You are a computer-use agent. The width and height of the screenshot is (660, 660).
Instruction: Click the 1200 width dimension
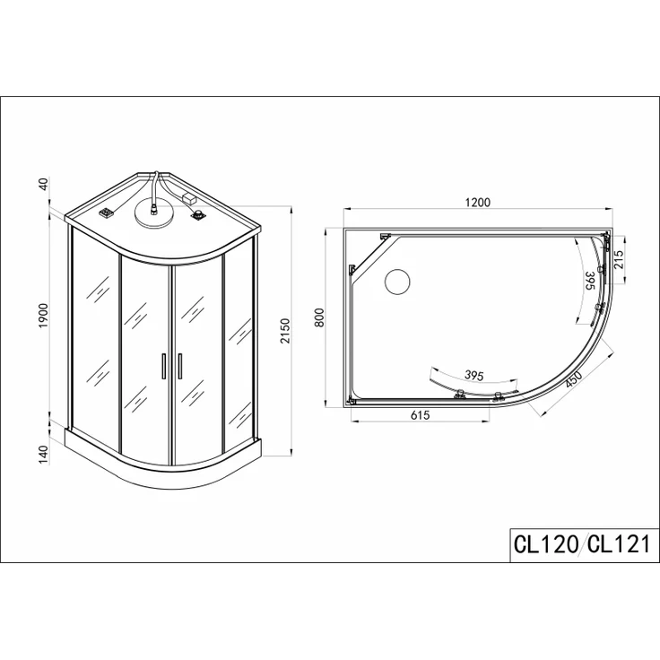pyautogui.click(x=478, y=203)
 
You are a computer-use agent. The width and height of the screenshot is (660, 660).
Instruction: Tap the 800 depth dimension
pyautogui.click(x=319, y=317)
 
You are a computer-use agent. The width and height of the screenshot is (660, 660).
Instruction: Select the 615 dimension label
pyautogui.click(x=420, y=415)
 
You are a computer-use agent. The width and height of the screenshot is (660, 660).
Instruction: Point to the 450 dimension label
pyautogui.click(x=574, y=380)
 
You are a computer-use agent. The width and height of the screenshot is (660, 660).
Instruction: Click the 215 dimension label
pyautogui.click(x=619, y=260)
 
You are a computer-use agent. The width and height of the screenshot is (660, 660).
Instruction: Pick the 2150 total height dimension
pyautogui.click(x=285, y=331)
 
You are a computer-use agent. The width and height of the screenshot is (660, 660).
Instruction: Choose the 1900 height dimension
pyautogui.click(x=44, y=316)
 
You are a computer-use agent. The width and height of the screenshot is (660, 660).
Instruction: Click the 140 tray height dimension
pyautogui.click(x=44, y=455)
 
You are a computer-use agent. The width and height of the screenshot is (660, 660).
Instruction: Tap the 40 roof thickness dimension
pyautogui.click(x=44, y=185)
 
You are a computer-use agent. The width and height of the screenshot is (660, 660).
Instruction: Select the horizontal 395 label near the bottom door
pyautogui.click(x=474, y=375)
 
